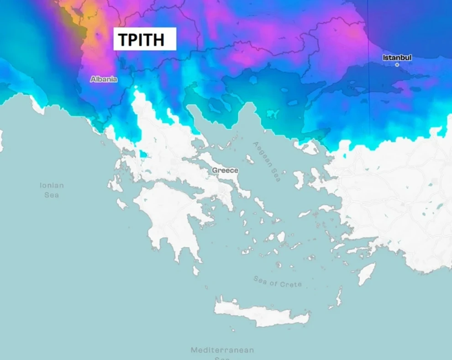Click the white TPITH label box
tap(144, 39)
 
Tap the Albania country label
tap(104, 79)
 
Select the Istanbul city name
tap(397, 57)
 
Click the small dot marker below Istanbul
tap(397, 65)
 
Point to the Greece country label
tap(225, 170)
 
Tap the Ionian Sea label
tap(52, 190)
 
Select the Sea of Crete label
tap(278, 282)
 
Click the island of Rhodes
tap(367, 273)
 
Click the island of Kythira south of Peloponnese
tap(196, 271)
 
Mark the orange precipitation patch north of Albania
tap(94, 27)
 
